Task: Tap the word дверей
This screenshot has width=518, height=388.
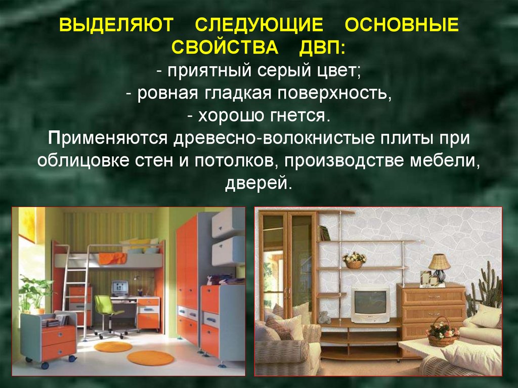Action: [258, 183]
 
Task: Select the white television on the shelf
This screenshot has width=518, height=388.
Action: [370, 304]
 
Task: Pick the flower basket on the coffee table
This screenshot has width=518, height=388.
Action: [442, 333]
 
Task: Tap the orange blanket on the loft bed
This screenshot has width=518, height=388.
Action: [112, 258]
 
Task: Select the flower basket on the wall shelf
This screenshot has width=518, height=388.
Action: [355, 260]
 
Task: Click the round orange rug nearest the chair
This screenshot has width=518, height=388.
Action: [113, 347]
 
